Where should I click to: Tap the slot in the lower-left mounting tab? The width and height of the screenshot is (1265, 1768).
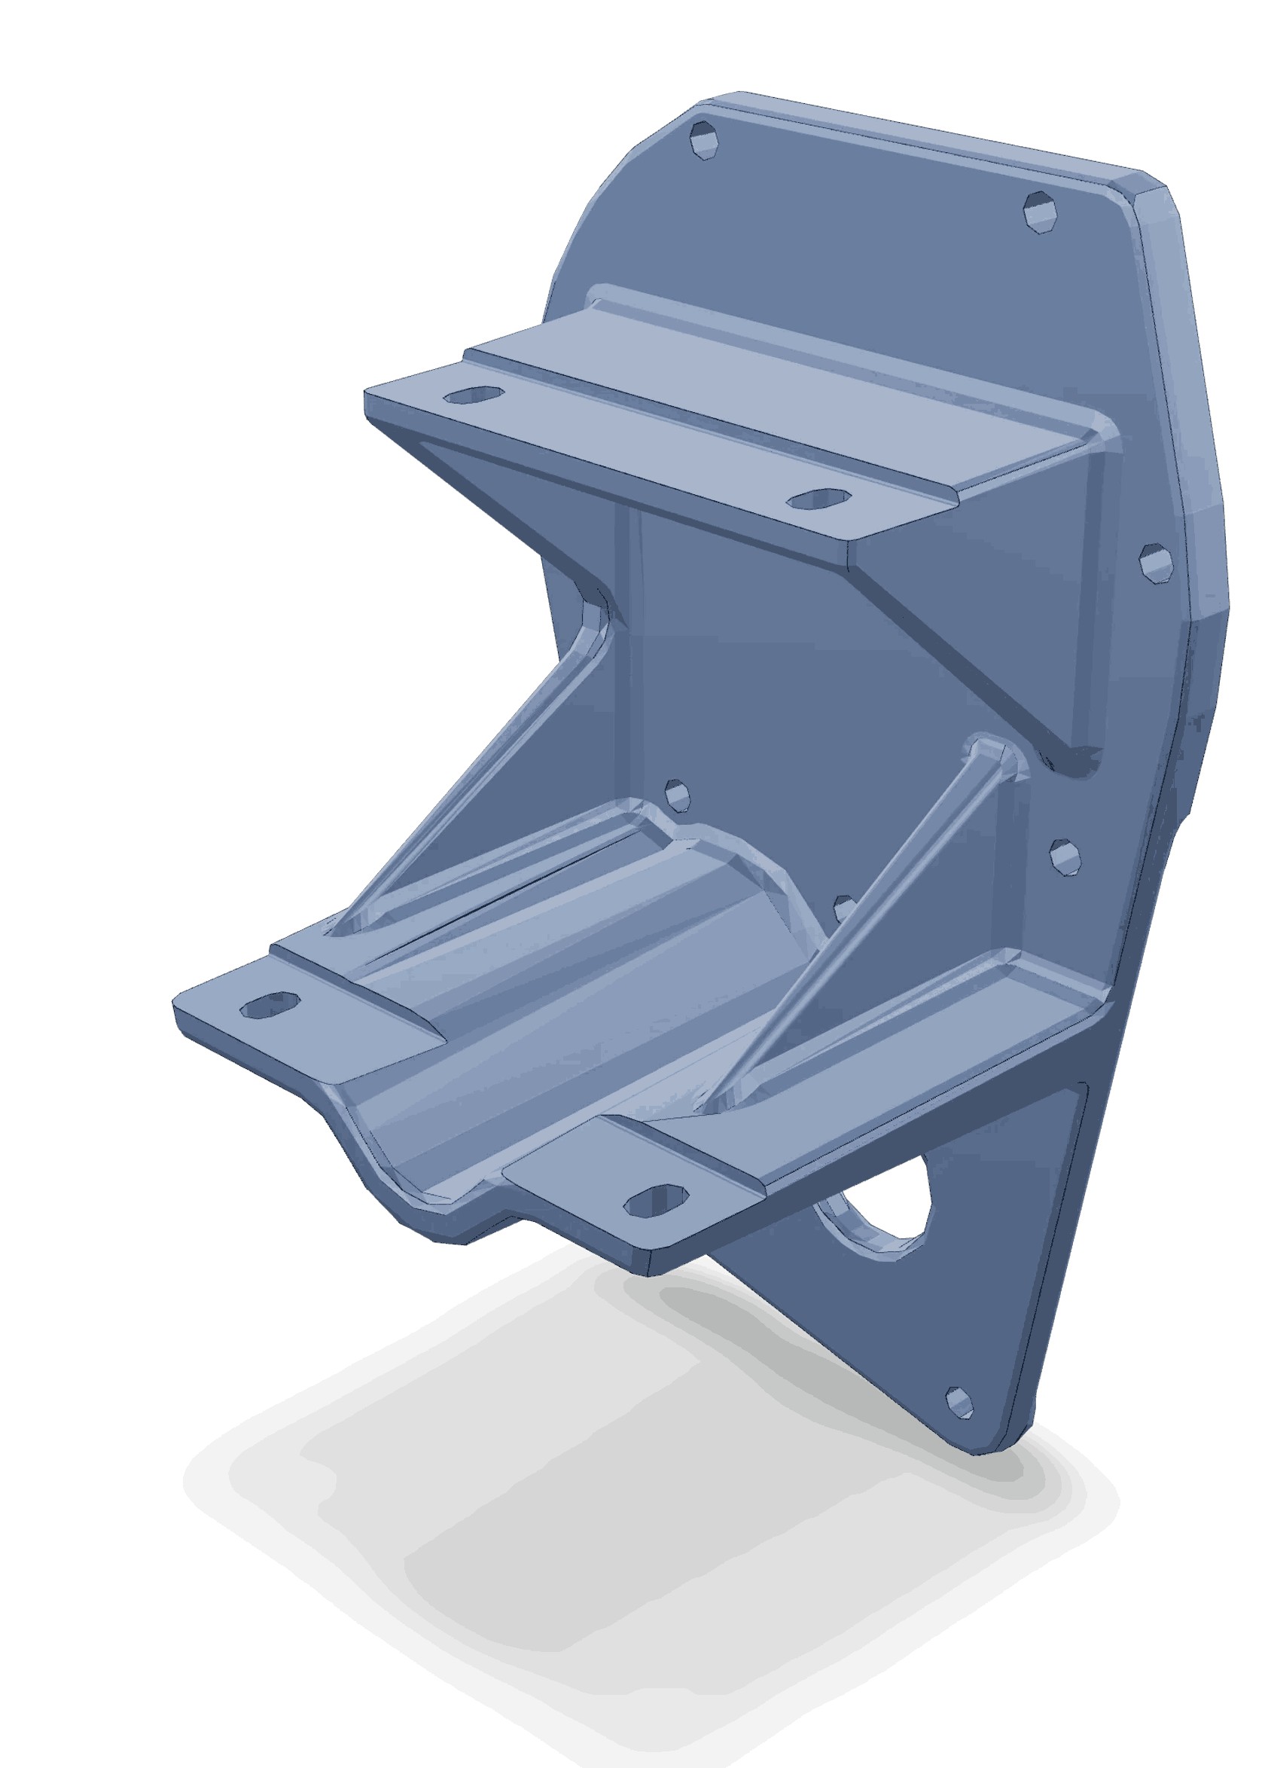coord(270,1005)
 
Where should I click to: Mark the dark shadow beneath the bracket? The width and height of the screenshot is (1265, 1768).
coord(623,1519)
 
